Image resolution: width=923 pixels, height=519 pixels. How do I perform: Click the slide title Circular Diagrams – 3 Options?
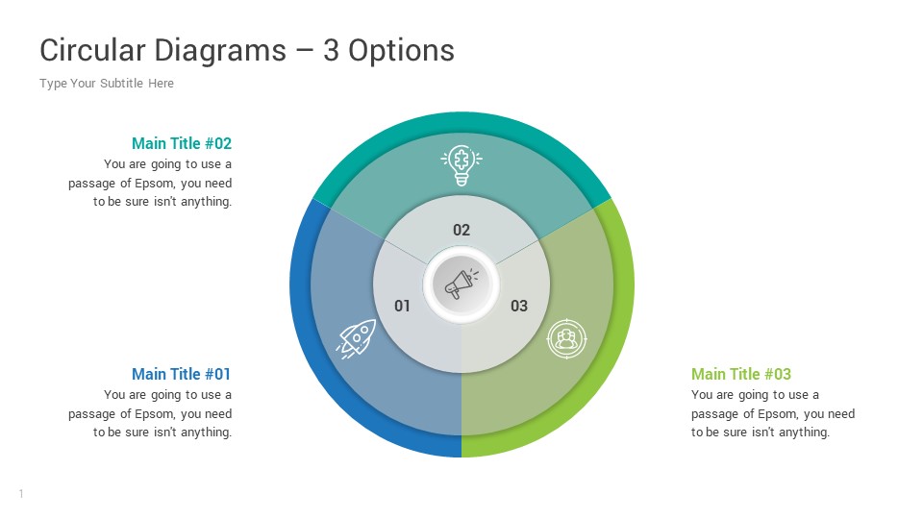(246, 50)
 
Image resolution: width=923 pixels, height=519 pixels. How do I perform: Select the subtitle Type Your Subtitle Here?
(107, 84)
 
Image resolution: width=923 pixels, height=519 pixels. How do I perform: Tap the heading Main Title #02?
(182, 143)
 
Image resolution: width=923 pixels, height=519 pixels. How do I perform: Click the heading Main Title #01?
(182, 374)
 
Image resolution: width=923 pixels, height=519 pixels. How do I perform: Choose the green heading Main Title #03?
(741, 374)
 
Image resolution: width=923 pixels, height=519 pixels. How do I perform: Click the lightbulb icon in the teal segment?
(461, 164)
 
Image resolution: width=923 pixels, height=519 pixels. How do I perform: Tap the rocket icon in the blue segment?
(357, 338)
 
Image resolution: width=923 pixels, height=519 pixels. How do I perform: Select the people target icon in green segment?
(566, 338)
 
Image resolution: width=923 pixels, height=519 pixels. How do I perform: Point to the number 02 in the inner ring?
(461, 230)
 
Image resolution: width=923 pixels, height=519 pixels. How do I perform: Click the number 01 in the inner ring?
(403, 306)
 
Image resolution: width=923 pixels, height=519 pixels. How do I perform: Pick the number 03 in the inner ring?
(519, 306)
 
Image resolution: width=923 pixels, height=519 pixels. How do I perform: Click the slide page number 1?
(21, 494)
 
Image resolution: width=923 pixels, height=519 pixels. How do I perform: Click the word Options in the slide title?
(401, 50)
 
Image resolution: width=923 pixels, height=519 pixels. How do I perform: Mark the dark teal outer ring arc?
(461, 122)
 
